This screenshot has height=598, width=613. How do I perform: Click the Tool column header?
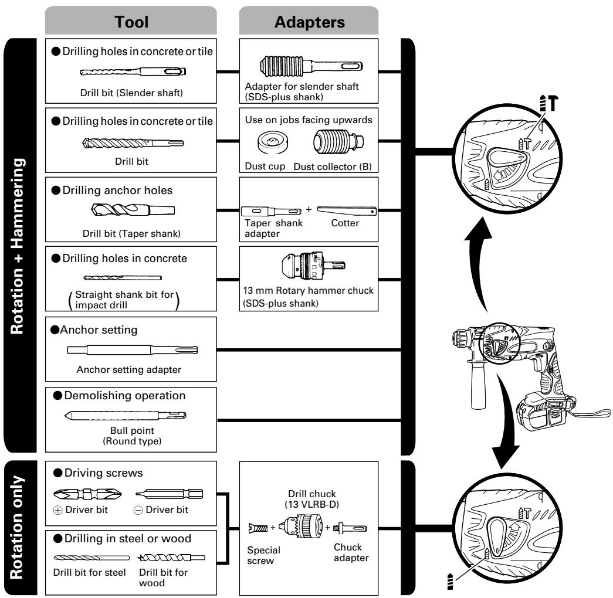[x=131, y=21]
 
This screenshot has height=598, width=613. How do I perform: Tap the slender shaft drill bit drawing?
[x=133, y=72]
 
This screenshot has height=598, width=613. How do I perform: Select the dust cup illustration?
[x=273, y=142]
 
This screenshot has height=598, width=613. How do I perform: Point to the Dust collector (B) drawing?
[x=338, y=141]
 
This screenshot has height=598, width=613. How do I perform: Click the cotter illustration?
[x=347, y=211]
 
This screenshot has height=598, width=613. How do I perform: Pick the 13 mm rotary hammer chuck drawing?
[x=313, y=266]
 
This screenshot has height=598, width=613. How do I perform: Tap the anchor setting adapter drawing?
[x=132, y=350]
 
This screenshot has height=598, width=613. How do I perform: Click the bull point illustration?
[x=125, y=416]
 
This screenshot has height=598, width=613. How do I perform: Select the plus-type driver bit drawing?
[x=87, y=494]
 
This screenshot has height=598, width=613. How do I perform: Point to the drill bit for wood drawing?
[x=171, y=558]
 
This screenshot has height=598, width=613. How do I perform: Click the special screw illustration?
[x=258, y=528]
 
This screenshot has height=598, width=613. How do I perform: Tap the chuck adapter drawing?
[x=350, y=528]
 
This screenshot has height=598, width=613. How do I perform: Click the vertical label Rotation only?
[x=17, y=528]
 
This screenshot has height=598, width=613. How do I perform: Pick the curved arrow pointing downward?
[x=507, y=422]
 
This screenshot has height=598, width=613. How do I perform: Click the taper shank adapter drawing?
[x=271, y=212]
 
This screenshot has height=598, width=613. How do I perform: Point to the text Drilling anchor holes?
[x=117, y=191]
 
